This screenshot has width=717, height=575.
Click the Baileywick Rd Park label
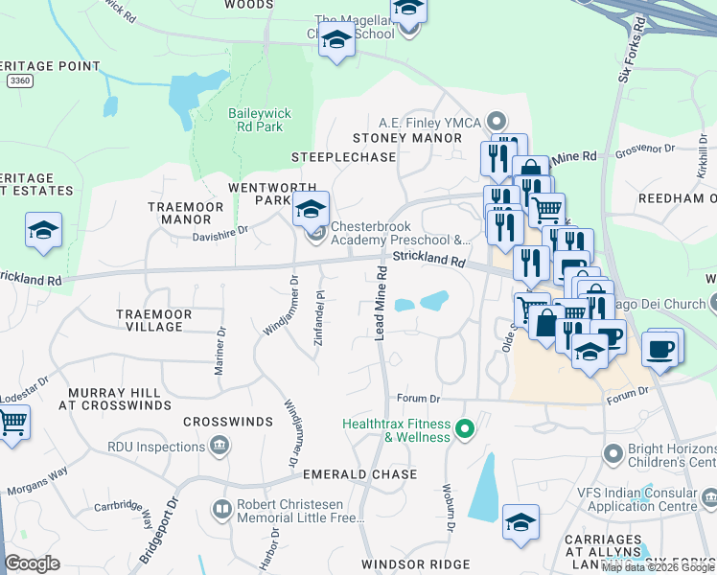(x=259, y=120)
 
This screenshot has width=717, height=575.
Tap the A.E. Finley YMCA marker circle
(x=496, y=121)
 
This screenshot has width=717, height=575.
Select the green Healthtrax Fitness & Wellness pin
(x=466, y=428)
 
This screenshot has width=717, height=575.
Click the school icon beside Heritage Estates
(x=43, y=230)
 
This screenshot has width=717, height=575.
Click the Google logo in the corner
(x=32, y=563)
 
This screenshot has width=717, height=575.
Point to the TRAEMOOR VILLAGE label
(x=149, y=320)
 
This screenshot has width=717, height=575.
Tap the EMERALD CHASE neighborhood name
(x=359, y=474)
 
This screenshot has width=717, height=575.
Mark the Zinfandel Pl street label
(x=317, y=319)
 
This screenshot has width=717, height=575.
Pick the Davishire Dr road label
(x=220, y=231)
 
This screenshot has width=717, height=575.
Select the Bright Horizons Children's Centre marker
(x=613, y=450)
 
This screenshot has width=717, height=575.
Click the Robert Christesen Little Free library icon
(x=221, y=509)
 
